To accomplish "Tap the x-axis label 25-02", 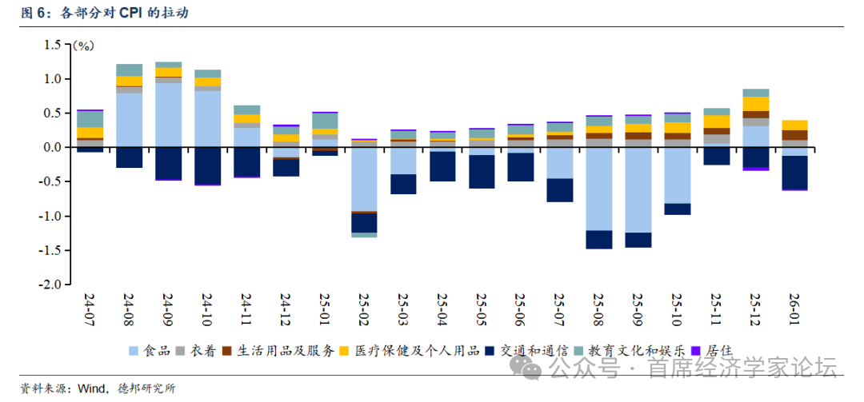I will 365,308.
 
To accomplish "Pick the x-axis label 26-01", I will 794,308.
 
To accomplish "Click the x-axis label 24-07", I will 90,308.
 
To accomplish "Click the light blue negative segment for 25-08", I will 599,189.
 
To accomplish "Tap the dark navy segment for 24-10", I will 207,165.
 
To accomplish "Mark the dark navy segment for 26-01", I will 794,172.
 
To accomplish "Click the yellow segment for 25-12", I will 756,104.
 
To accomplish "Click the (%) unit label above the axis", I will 82,46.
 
